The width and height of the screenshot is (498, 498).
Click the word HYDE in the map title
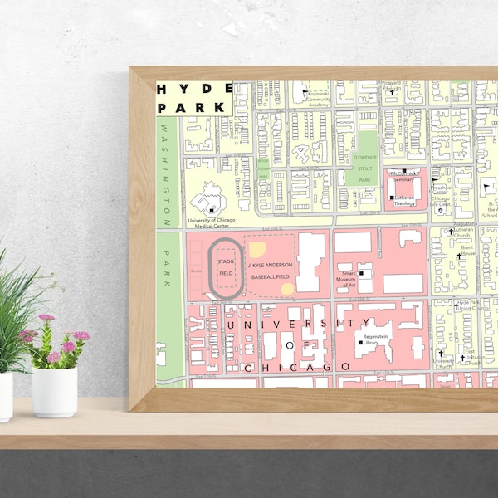(x=193, y=89)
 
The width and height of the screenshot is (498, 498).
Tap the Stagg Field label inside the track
(x=226, y=266)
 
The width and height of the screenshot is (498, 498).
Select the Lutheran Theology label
(x=404, y=200)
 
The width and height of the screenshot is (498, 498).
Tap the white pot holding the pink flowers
(x=55, y=391)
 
